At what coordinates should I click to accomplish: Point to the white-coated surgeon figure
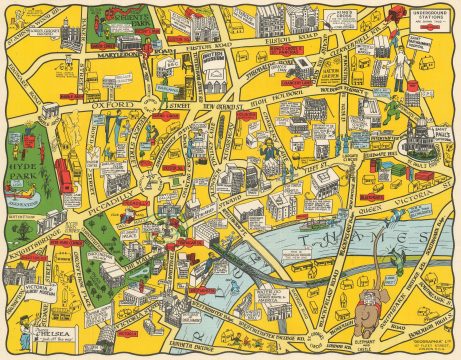399,59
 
